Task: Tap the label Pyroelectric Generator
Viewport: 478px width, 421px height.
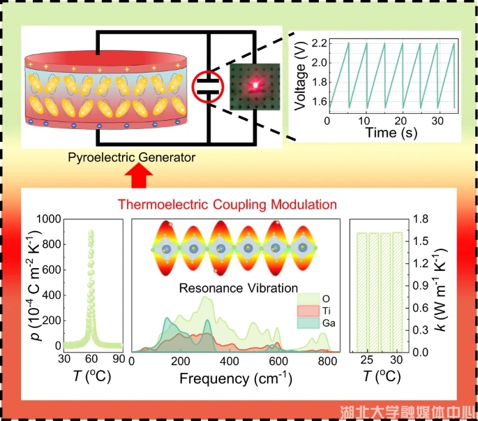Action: tap(132, 158)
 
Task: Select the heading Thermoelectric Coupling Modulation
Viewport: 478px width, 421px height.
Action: tap(227, 205)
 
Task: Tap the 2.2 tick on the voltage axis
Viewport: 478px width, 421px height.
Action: tap(318, 43)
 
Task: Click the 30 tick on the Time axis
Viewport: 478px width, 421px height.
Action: tap(438, 121)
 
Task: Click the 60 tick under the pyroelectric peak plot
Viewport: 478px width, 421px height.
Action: tap(91, 359)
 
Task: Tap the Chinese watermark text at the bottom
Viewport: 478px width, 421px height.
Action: tap(407, 411)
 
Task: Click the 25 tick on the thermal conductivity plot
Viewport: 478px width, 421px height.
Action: tap(366, 360)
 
